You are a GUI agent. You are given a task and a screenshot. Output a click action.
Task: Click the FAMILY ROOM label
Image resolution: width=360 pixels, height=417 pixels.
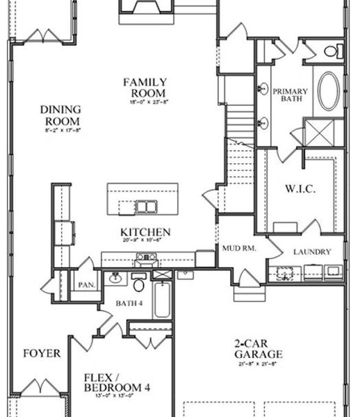pos(145,88)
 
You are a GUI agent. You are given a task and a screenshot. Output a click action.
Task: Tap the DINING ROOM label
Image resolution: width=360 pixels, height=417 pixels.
pos(60,114)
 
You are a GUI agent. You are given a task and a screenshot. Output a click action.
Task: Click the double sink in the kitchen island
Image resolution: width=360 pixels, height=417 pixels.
pos(146,206)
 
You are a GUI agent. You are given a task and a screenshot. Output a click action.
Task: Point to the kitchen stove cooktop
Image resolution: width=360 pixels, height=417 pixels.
pos(146,259)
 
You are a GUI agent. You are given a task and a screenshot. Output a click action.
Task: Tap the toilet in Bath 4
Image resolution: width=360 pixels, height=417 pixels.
pos(138,285)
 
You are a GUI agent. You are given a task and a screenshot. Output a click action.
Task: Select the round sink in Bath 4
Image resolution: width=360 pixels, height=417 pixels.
pos(114,279)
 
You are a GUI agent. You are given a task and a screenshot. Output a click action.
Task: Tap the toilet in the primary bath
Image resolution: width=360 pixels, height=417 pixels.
pos(332,50)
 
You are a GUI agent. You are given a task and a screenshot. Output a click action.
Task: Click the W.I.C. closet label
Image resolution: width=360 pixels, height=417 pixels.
pos(300,188)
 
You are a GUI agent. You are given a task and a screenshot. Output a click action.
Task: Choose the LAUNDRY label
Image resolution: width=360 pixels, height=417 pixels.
pos(311,252)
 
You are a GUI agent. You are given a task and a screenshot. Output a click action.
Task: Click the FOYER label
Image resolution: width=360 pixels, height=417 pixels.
pos(41,353)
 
